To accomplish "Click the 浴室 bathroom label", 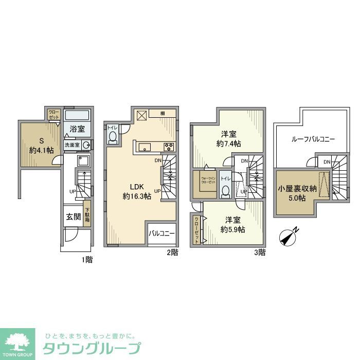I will [x=78, y=129].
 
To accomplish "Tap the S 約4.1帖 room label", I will [x=39, y=145].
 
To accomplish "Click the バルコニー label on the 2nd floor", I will [x=162, y=233].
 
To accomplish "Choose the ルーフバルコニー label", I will [x=313, y=139].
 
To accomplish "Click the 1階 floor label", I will [x=86, y=260].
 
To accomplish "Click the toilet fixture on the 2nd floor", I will [x=113, y=136].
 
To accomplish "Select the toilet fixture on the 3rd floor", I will [x=225, y=191].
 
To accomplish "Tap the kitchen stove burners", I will [x=169, y=147].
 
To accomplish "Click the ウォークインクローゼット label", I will [x=208, y=181].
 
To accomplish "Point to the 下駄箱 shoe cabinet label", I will [x=87, y=214].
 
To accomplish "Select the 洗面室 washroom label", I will [x=71, y=145].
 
